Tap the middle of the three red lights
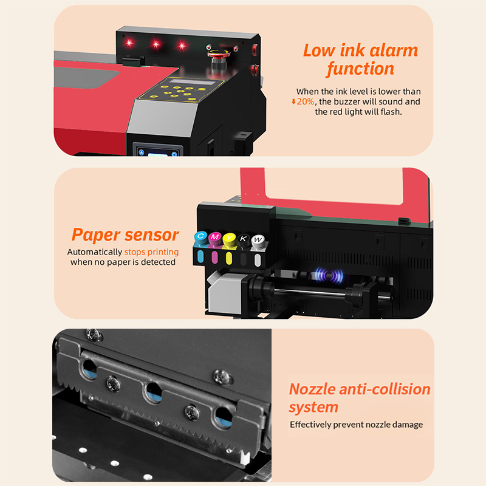tap(156, 44)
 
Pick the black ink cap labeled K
tap(243, 239)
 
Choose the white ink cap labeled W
tap(258, 240)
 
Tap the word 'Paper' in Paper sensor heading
tap(97, 235)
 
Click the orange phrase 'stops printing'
tap(151, 252)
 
